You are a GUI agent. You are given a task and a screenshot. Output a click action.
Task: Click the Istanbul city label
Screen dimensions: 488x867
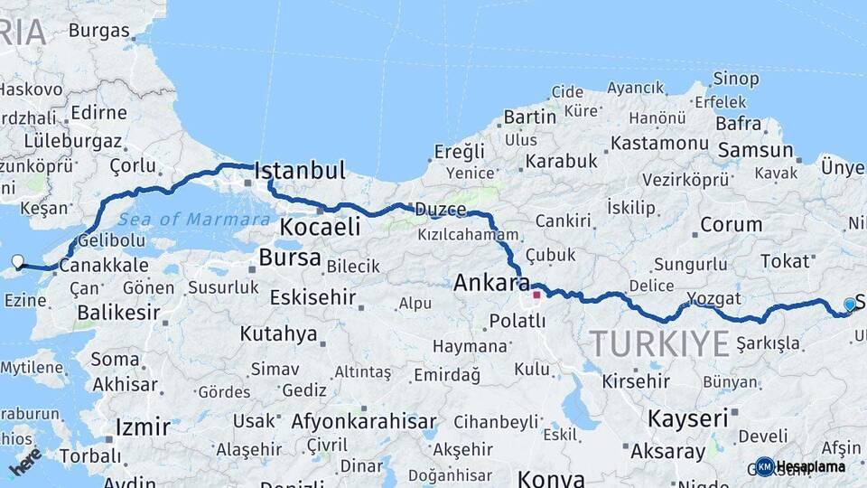pos(300,171)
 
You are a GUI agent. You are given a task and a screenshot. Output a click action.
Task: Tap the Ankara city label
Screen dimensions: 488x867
pos(491,283)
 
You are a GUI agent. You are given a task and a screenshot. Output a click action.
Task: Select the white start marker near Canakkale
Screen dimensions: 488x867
pos(17,263)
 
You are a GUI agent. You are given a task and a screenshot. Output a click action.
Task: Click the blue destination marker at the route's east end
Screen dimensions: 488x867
pos(849,305)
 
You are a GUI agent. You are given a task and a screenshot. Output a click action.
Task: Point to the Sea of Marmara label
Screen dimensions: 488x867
pos(193,220)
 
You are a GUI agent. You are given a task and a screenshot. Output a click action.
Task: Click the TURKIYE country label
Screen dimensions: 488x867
pos(658,344)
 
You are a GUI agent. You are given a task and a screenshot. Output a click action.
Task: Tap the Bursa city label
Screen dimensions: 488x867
pos(289,258)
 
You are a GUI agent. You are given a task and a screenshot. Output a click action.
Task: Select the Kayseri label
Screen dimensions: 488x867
pos(687,418)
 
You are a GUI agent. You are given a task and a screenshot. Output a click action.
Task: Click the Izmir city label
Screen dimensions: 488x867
pos(143,427)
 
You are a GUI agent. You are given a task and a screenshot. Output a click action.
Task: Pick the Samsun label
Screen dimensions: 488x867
pos(755,150)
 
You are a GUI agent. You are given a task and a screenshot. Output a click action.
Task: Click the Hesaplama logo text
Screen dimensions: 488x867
pos(810,466)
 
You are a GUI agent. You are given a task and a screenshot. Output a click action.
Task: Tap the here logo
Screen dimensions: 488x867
pos(24,463)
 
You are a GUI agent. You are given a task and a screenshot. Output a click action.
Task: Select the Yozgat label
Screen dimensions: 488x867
pos(713,298)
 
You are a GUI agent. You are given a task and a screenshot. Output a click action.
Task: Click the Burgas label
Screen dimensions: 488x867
pos(98,31)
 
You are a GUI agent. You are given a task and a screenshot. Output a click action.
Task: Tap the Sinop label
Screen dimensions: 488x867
pos(736,79)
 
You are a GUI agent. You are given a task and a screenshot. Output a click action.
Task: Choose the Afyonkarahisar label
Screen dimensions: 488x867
pos(364,421)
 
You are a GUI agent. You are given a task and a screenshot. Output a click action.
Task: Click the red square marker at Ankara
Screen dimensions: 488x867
pos(536,294)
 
